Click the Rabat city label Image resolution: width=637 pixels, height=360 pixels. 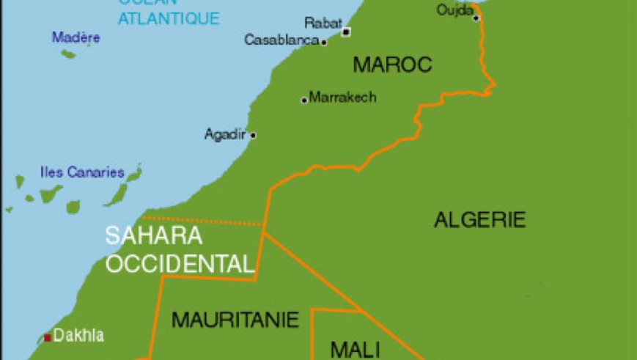(323, 23)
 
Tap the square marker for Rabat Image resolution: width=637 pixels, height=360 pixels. (346, 32)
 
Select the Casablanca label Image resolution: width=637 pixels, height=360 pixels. (281, 41)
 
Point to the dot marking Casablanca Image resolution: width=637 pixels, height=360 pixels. (324, 42)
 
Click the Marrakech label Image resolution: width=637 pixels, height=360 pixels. (343, 97)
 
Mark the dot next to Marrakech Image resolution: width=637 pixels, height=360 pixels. (304, 100)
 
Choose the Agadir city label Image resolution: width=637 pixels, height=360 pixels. (226, 134)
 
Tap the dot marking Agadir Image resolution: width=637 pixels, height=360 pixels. (253, 135)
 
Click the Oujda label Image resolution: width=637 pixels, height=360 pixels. (454, 10)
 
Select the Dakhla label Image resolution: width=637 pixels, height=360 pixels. (78, 337)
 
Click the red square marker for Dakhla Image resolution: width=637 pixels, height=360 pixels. (48, 337)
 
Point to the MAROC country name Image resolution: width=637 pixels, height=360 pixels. (392, 65)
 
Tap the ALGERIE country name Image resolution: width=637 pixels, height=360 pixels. (480, 219)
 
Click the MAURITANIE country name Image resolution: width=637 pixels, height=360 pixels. (235, 320)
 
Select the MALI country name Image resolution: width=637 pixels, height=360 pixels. (354, 348)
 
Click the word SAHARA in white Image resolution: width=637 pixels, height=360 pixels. (153, 236)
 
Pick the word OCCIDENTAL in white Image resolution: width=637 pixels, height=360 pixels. (180, 263)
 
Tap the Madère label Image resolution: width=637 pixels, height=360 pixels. (76, 37)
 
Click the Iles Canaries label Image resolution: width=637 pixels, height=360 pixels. (81, 173)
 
